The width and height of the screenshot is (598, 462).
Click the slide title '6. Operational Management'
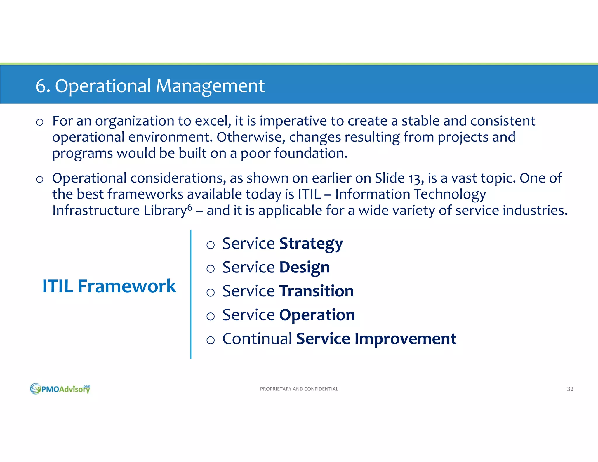pos(150,86)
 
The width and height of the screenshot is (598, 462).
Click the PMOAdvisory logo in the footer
pos(60,389)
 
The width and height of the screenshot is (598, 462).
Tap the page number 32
pos(570,389)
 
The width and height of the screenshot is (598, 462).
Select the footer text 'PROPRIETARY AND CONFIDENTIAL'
pos(299,389)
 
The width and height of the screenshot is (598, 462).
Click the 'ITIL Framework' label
pos(109,286)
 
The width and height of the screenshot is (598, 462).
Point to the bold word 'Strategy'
pos(311,244)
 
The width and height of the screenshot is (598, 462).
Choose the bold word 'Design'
pos(304,268)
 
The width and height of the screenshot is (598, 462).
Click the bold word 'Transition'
pos(316,291)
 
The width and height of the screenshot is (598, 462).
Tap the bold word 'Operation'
pos(317,315)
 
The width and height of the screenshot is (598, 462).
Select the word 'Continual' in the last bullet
pos(257,339)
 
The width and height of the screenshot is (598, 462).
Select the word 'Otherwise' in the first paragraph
pos(250,137)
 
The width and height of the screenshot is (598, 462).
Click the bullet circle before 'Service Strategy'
pos(211,245)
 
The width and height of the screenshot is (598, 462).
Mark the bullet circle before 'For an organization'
pos(40,122)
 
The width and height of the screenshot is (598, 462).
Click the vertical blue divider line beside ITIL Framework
pos(191,294)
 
